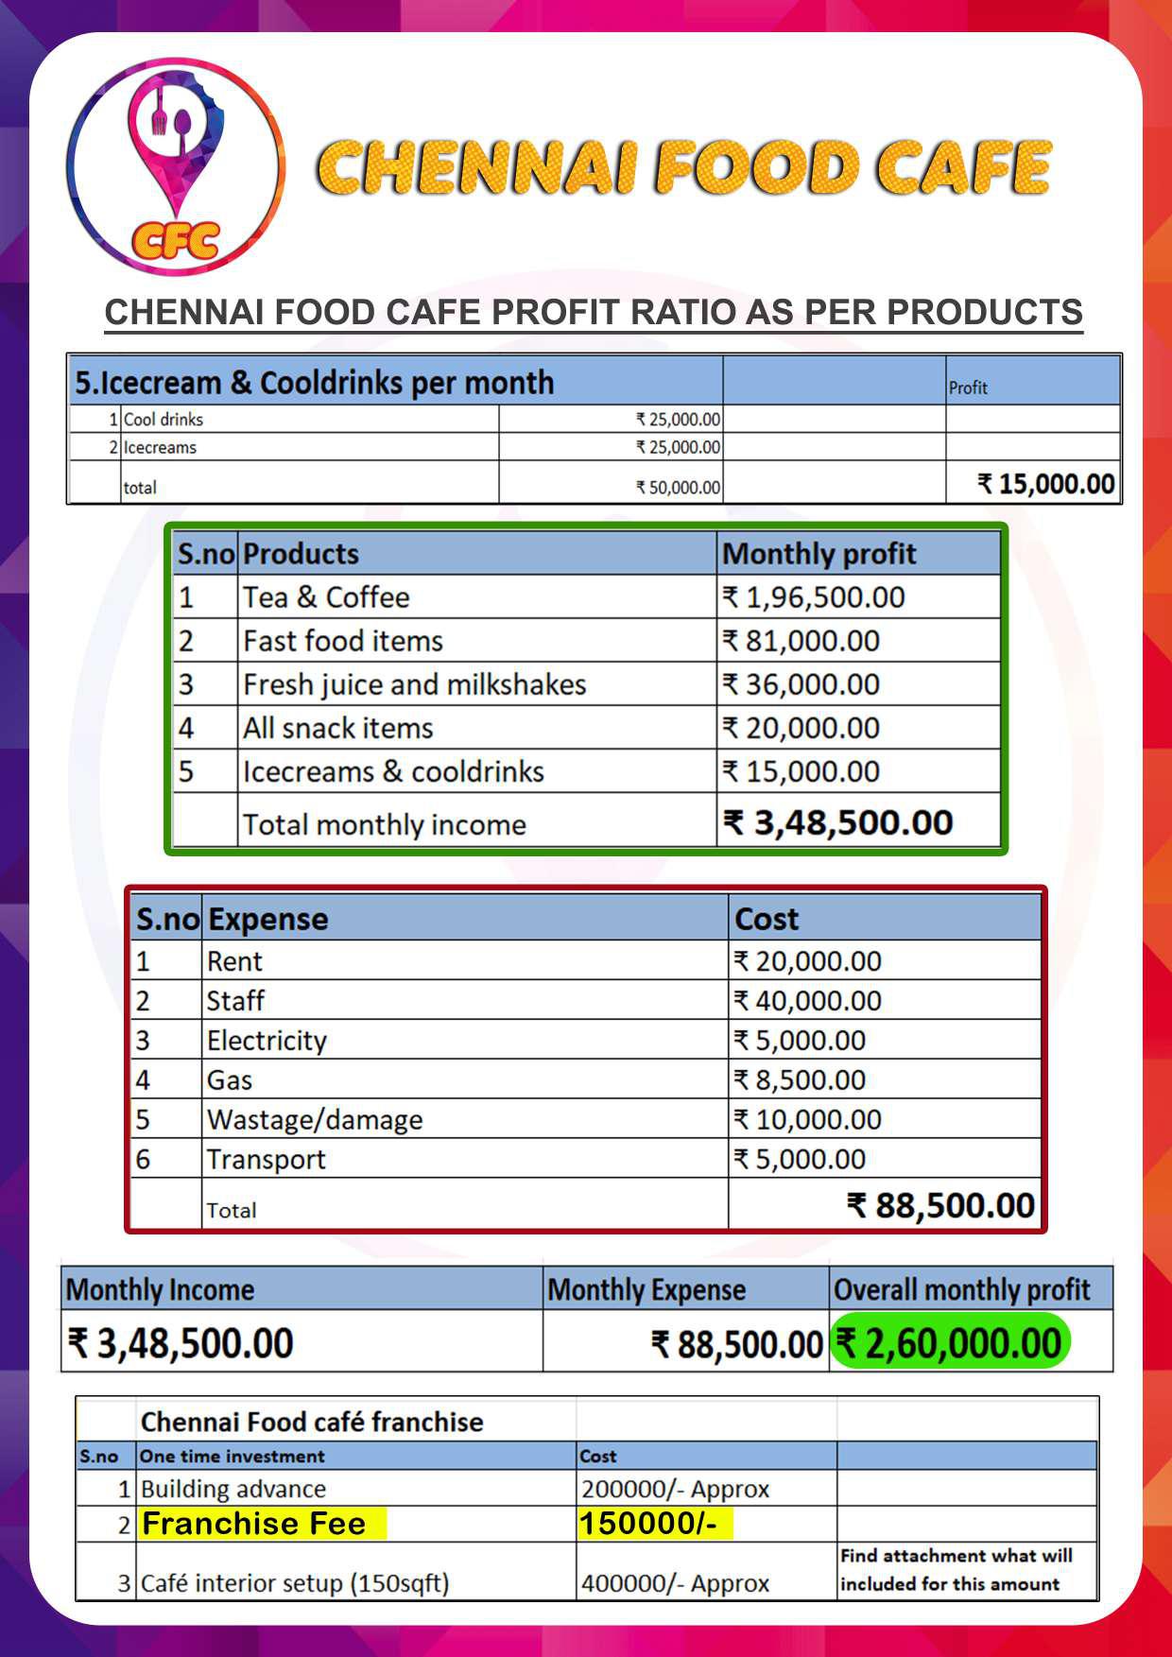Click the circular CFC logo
(x=176, y=168)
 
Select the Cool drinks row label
(x=163, y=420)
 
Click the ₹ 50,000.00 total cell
(x=678, y=488)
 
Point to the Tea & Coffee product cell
(x=326, y=597)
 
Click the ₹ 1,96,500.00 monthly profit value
(x=814, y=597)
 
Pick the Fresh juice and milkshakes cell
(x=414, y=684)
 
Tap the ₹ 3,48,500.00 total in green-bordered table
(x=837, y=822)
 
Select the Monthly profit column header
(x=819, y=554)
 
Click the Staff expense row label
(x=235, y=1000)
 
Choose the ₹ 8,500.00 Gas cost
(x=800, y=1079)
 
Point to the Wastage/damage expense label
(x=315, y=1119)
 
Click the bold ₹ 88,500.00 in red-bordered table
(x=940, y=1205)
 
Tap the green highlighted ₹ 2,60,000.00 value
(x=949, y=1343)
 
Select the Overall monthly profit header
(x=961, y=1289)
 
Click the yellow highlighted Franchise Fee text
(x=253, y=1524)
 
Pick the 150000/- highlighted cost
(x=648, y=1524)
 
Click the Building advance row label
(x=233, y=1489)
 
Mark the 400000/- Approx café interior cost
(x=675, y=1582)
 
